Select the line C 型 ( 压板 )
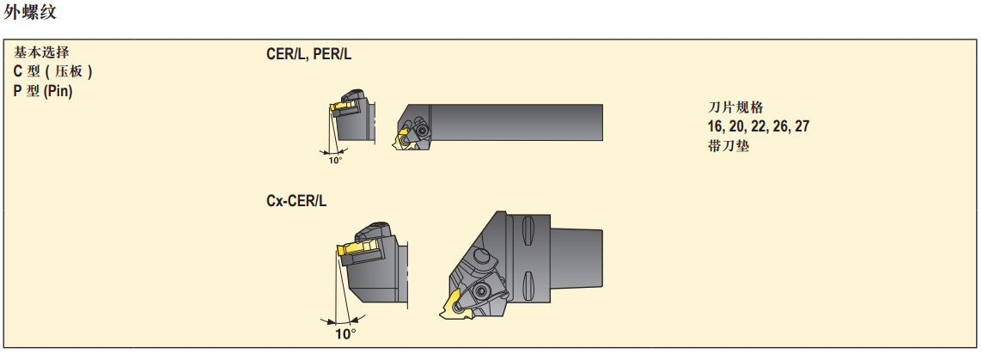coord(52,72)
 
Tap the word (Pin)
coord(58,91)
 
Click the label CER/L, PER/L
coord(308,54)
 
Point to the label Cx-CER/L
coord(296,201)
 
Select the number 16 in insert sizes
coord(715,126)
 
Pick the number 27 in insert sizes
coord(802,126)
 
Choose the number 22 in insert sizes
coord(759,126)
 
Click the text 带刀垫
coord(729,146)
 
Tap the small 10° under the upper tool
coord(335,160)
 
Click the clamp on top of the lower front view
coord(375,234)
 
